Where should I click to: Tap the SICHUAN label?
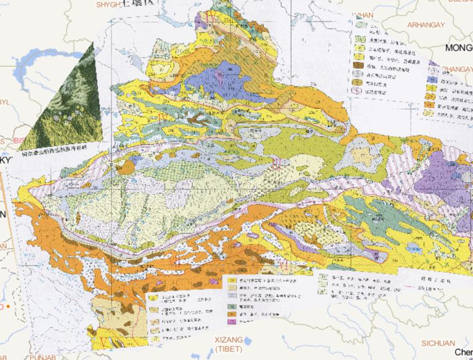click(438, 343)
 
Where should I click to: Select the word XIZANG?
click(228, 339)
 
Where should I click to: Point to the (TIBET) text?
click(228, 349)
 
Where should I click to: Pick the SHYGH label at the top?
click(109, 4)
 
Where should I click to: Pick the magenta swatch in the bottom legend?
click(233, 322)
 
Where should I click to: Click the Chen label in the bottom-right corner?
click(463, 352)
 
